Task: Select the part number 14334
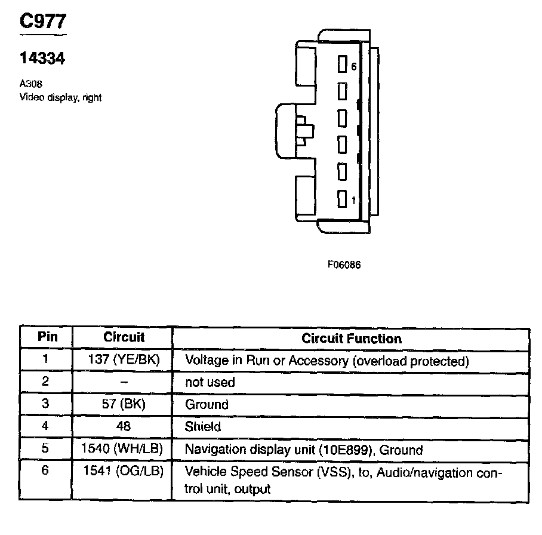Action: point(42,59)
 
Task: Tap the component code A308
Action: point(31,84)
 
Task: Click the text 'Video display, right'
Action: point(60,97)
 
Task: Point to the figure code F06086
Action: point(344,265)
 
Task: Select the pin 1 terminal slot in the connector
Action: point(342,199)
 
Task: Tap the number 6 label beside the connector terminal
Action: point(353,67)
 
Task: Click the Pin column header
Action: point(47,337)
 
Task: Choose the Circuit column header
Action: point(124,337)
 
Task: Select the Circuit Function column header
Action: point(351,339)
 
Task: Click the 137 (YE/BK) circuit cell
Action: point(124,361)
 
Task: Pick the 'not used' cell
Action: point(210,383)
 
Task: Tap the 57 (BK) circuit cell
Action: point(124,404)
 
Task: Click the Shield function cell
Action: point(203,426)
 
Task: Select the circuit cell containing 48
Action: point(124,426)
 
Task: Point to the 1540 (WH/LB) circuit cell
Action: point(124,448)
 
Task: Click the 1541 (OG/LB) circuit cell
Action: point(124,471)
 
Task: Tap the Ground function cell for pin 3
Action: point(207,405)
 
